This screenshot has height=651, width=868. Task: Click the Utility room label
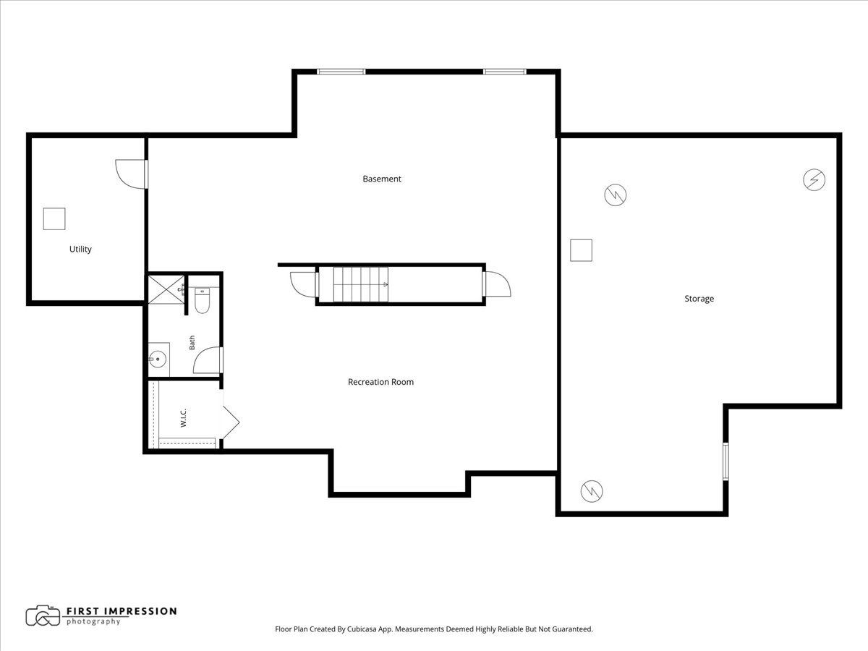coord(80,249)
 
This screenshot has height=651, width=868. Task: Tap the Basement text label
coord(382,179)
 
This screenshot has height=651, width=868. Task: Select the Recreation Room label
coord(380,382)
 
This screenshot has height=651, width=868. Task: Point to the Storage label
coord(699,299)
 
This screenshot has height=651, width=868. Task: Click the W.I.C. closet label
coord(183,418)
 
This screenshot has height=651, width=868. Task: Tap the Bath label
coord(192,343)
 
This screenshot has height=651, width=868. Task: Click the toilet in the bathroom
coord(202,300)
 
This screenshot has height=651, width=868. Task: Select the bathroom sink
coord(158,359)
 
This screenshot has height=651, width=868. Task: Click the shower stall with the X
coord(166,290)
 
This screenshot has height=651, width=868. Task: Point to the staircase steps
coord(360,284)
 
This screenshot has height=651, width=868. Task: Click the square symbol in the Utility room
coord(54,218)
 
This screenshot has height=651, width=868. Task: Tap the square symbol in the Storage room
coord(581,250)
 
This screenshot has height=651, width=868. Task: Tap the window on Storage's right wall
coord(726,461)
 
